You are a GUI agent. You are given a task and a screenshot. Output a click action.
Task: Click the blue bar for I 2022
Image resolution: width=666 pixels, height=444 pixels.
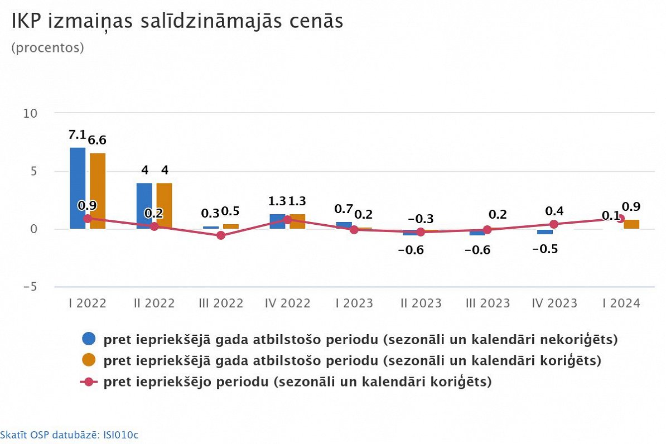pos(78,188)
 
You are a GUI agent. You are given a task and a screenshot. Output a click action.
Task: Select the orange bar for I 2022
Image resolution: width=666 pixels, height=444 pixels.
pos(98,191)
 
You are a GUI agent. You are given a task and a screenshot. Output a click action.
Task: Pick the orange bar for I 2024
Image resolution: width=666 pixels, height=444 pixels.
pos(631,224)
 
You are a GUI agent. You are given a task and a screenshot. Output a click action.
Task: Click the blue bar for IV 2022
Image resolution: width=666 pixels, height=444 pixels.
pos(277,221)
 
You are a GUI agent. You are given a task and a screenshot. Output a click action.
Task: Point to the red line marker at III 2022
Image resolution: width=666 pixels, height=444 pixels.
pos(221,235)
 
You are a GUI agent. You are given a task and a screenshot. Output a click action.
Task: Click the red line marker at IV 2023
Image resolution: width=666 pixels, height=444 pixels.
pos(553,224)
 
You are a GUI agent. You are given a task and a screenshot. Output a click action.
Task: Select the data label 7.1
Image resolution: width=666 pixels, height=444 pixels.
pos(77,136)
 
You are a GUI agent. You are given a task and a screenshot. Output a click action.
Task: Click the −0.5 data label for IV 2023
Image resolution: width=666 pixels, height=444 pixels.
pos(545,249)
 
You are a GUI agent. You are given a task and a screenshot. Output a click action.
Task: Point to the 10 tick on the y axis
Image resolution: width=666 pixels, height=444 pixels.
pos(30,113)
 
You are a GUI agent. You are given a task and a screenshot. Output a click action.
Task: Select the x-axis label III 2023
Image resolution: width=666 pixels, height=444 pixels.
pos(488,303)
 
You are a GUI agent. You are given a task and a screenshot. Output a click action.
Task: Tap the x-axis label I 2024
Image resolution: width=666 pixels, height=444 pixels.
pos(620,303)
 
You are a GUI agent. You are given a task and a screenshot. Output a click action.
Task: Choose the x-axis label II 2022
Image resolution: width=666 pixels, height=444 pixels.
pos(154,303)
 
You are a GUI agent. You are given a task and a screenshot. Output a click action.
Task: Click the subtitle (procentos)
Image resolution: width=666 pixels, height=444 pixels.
pos(47,48)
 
